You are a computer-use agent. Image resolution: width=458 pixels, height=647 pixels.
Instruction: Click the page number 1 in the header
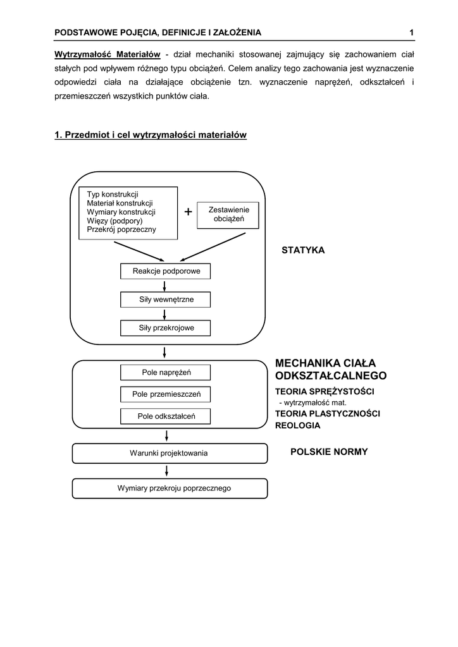(411, 32)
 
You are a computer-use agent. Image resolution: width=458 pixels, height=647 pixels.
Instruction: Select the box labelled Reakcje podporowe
(166, 271)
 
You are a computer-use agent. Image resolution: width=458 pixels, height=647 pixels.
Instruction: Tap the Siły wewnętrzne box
(166, 299)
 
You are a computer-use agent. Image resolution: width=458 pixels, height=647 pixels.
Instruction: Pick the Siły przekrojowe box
(166, 328)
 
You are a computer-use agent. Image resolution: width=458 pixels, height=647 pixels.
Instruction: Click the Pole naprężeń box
(166, 373)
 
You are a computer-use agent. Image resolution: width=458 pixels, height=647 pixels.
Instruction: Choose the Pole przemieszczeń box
(166, 394)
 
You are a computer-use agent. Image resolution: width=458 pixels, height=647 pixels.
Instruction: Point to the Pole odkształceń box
(166, 416)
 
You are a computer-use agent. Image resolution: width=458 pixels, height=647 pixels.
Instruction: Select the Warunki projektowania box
(169, 453)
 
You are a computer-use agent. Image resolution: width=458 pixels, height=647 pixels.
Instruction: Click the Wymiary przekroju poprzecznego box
(169, 488)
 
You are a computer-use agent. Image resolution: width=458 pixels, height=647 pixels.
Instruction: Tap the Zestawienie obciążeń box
(220, 215)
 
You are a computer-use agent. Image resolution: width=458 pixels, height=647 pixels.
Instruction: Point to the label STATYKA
(303, 250)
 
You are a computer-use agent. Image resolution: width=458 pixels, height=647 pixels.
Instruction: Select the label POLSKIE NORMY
(329, 452)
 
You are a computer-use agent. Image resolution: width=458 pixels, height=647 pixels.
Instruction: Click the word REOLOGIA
(297, 425)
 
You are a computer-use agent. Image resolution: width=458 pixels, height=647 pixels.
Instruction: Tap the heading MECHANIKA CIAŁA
(325, 363)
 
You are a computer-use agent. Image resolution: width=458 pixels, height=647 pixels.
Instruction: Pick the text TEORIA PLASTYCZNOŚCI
(327, 413)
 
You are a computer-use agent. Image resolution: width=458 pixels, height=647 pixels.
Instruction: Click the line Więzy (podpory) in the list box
(114, 221)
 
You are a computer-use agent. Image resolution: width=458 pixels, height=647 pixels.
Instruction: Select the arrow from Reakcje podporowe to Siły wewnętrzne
(165, 286)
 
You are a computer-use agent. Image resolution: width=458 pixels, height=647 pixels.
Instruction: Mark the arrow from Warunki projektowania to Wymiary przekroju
(167, 471)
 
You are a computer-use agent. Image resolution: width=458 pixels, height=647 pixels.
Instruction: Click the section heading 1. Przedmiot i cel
(151, 135)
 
